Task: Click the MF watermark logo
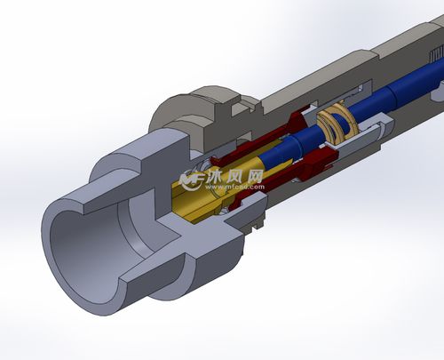[193, 180]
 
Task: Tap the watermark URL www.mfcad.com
[235, 187]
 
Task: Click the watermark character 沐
[218, 176]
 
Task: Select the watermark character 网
[256, 176]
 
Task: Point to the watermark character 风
[237, 176]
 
